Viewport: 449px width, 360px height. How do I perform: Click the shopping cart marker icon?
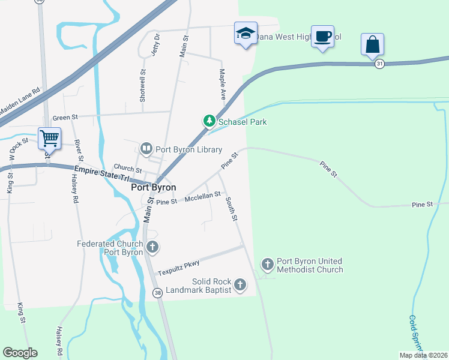coord(49,138)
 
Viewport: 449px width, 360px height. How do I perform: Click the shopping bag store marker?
coord(372,44)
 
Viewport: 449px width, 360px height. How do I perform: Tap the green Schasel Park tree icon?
coord(209,121)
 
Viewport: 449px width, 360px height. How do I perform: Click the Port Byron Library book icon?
coord(146,148)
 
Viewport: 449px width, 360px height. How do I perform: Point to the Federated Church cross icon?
coord(152,246)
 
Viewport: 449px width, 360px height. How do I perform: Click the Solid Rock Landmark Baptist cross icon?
coord(240,284)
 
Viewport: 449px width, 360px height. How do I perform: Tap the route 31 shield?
coord(379,64)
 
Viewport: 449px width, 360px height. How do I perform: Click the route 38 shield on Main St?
coord(157,293)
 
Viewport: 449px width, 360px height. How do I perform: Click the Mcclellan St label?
coord(203,196)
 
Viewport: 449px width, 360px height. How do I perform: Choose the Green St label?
coord(62,118)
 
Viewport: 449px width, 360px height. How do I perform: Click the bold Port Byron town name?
coord(154,187)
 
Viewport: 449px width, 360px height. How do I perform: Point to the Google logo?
coord(20,353)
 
